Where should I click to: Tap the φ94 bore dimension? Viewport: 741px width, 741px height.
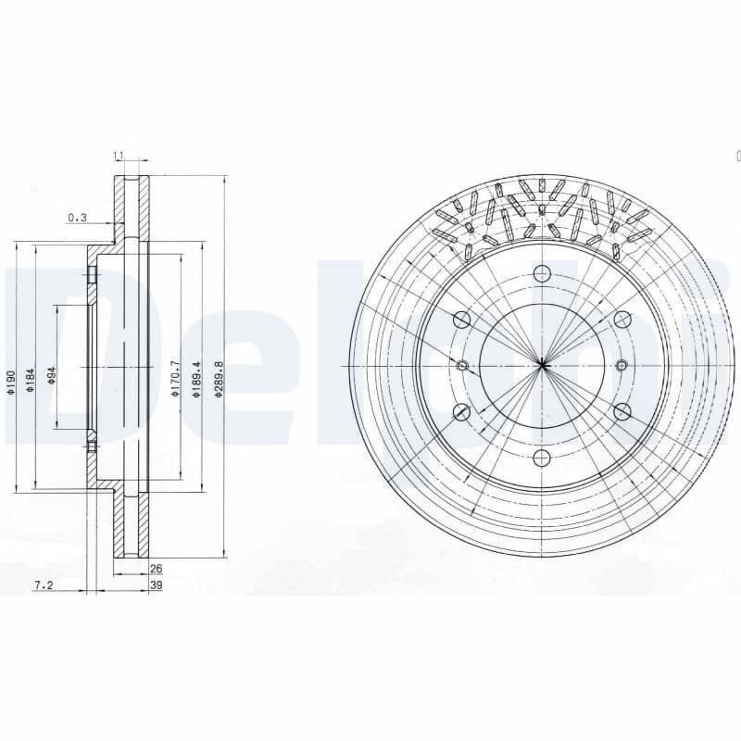[x=53, y=374]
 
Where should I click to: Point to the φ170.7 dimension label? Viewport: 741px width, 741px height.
[x=174, y=380]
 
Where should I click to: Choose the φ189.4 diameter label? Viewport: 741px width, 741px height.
[x=195, y=380]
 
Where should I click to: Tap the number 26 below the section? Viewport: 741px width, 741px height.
[x=156, y=570]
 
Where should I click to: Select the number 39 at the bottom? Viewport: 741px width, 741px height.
[x=156, y=586]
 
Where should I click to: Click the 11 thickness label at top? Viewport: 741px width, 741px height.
[x=119, y=156]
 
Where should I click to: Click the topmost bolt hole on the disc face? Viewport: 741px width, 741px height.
[x=542, y=273]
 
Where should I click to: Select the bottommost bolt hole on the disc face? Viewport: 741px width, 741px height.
[x=542, y=457]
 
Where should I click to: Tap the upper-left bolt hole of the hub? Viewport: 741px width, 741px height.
[x=461, y=319]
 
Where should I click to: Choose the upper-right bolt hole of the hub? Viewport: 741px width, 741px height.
[x=622, y=319]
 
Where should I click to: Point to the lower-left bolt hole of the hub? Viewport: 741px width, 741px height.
[x=461, y=411]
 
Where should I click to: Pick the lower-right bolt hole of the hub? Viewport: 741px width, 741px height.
[x=622, y=411]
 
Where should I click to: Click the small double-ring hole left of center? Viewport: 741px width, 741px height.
[x=463, y=365]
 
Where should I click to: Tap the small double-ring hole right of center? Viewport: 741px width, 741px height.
[x=621, y=365]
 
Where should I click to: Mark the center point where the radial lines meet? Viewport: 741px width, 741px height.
[x=542, y=365]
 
